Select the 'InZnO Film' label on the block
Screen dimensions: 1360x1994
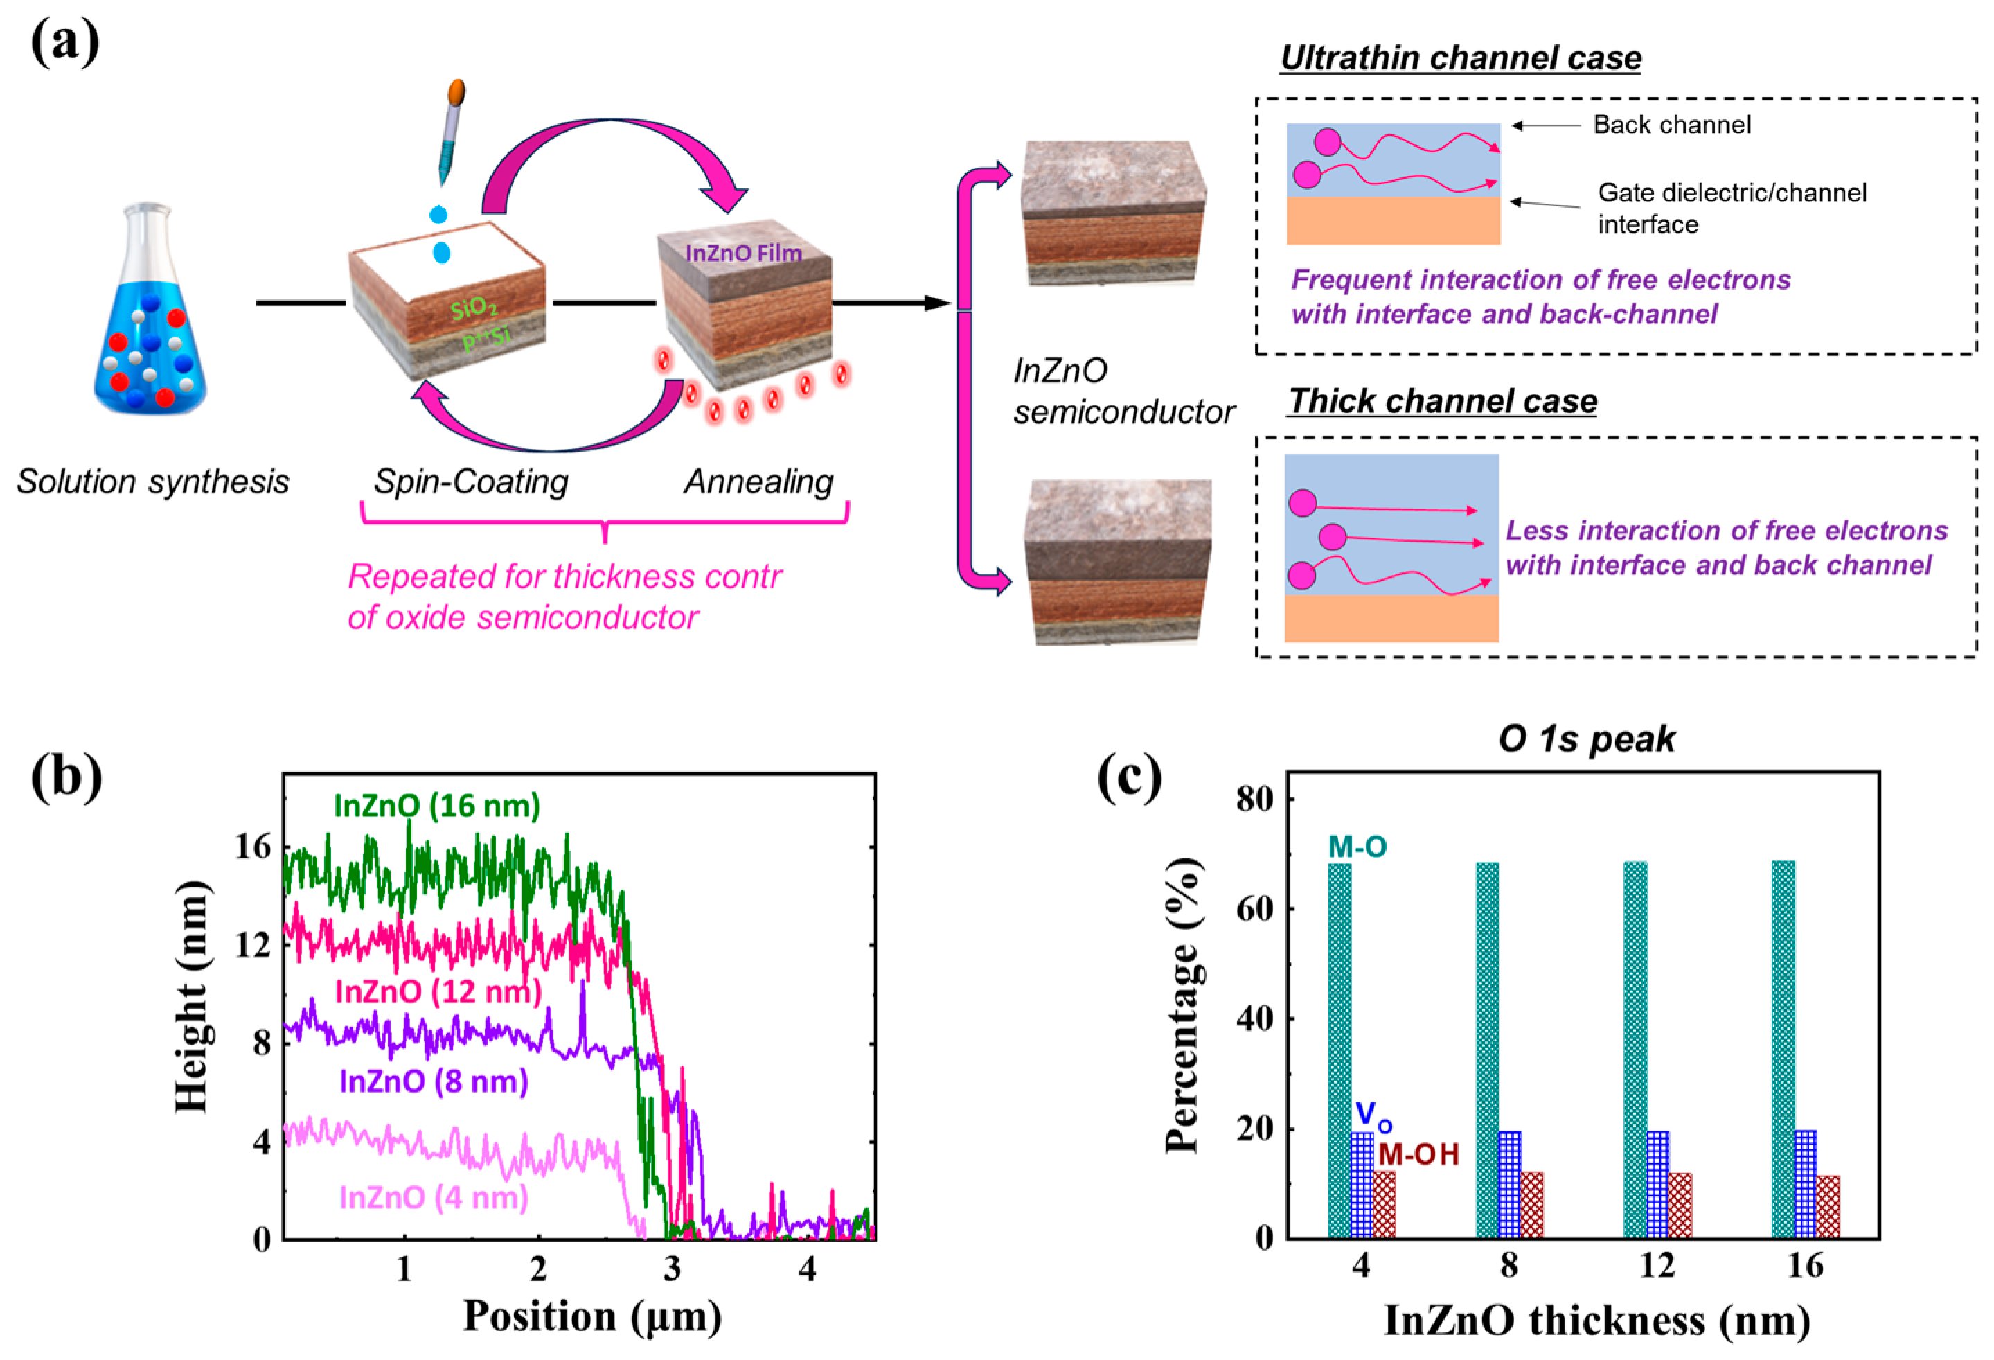(743, 253)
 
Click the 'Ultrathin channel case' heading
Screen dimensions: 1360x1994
(1460, 58)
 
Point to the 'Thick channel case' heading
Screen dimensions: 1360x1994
(1442, 400)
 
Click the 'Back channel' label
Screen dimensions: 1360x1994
(1671, 125)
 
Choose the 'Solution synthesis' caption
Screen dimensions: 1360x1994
(153, 482)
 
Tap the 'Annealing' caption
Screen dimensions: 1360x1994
(758, 482)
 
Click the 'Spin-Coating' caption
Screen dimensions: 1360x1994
(471, 482)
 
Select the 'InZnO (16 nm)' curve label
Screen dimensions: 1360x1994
(437, 806)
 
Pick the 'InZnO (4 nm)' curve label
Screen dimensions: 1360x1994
(434, 1197)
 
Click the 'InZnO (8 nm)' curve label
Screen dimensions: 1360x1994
(434, 1081)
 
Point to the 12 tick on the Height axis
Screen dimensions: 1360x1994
(252, 945)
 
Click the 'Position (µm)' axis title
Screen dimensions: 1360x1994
(592, 1316)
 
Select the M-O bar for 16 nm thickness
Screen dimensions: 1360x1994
(1783, 1048)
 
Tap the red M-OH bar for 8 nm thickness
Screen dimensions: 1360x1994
(1531, 1205)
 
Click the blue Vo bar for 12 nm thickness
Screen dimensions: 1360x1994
(1657, 1184)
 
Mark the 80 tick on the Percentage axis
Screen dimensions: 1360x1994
(1254, 799)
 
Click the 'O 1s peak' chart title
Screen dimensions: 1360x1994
(1587, 739)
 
